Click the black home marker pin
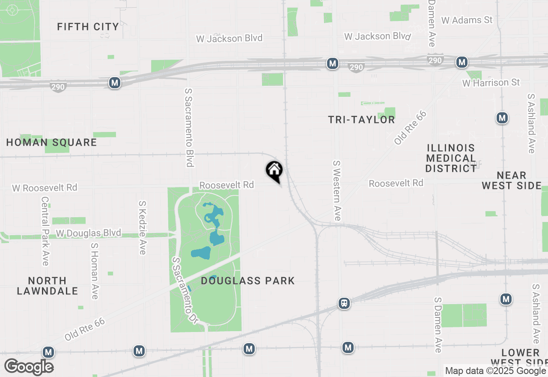click(274, 171)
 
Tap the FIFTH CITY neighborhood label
click(88, 27)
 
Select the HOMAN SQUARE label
click(51, 142)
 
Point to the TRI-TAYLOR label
click(361, 120)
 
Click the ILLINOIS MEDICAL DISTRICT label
click(451, 158)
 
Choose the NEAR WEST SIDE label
click(512, 180)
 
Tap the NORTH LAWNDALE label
click(48, 286)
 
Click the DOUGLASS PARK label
click(248, 281)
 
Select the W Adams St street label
click(467, 20)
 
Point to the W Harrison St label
click(491, 82)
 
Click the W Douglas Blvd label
click(89, 233)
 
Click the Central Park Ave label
click(45, 231)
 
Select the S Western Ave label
click(337, 191)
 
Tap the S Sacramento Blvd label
click(189, 127)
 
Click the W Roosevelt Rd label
click(45, 188)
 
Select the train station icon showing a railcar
click(344, 303)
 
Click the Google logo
click(29, 367)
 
